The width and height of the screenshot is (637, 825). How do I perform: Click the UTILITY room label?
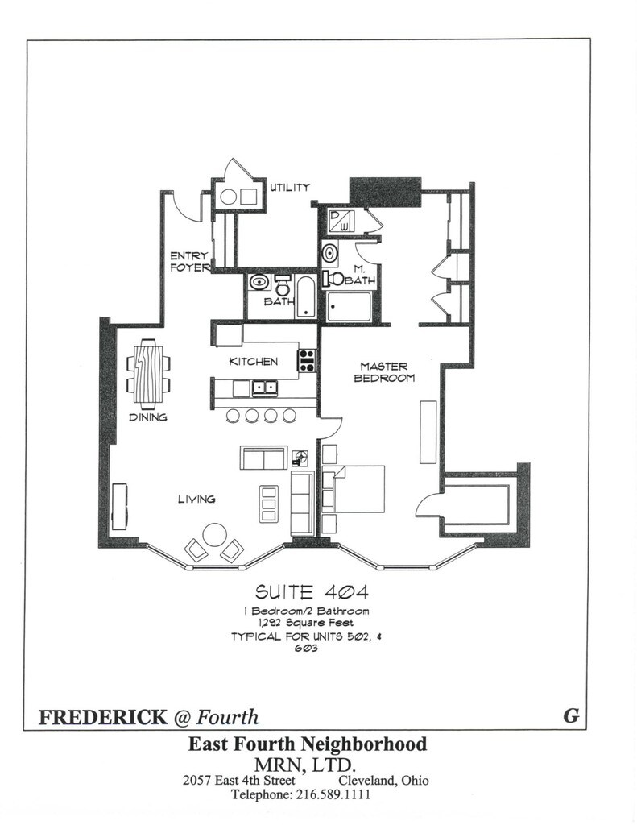click(x=290, y=187)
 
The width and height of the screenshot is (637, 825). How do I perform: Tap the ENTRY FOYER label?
click(x=188, y=262)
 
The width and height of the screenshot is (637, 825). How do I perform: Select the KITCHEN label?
click(x=253, y=362)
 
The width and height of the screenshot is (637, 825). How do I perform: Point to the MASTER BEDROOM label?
click(x=384, y=372)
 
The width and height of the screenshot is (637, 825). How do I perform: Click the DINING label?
click(x=148, y=417)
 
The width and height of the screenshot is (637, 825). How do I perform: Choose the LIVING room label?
click(x=196, y=499)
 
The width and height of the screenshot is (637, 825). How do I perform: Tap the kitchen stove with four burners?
click(x=307, y=361)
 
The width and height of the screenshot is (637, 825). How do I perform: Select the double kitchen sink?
click(x=265, y=388)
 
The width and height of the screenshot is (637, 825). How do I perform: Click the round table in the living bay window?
click(x=214, y=536)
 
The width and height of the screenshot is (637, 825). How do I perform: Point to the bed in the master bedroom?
click(x=354, y=489)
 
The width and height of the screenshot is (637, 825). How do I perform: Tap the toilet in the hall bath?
click(x=283, y=284)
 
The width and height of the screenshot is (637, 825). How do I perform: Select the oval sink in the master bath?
click(x=330, y=253)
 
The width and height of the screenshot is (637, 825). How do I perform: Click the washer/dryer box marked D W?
click(x=341, y=221)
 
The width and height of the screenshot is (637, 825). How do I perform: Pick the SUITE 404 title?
click(x=312, y=592)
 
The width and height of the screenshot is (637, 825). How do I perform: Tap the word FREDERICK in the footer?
click(x=102, y=716)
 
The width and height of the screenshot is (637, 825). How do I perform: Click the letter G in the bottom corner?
click(x=571, y=715)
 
